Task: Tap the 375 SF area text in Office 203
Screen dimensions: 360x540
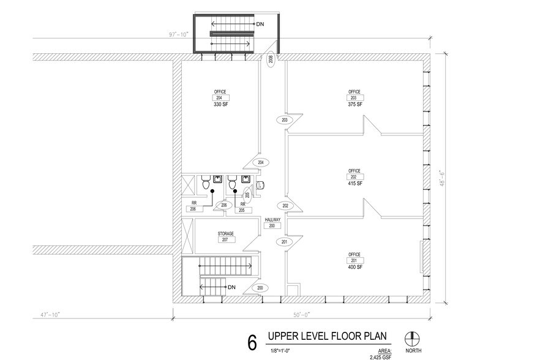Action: (x=354, y=105)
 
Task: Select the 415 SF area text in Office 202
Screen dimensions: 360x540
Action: (x=354, y=184)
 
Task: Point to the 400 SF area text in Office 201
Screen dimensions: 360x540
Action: (x=354, y=267)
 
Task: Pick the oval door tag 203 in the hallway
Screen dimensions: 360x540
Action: (x=285, y=120)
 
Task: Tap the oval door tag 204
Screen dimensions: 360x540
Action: (x=260, y=162)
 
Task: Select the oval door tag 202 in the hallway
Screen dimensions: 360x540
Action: (x=285, y=205)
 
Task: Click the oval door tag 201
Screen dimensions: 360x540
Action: (x=285, y=242)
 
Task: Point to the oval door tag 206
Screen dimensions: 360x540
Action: (x=224, y=205)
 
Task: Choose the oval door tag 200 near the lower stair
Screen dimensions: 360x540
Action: (x=260, y=288)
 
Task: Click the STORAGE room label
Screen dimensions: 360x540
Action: (x=227, y=234)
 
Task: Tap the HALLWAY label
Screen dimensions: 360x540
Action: (x=272, y=219)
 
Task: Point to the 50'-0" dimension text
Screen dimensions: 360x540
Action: (x=301, y=315)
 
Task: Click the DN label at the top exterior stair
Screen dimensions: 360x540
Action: (x=260, y=24)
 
